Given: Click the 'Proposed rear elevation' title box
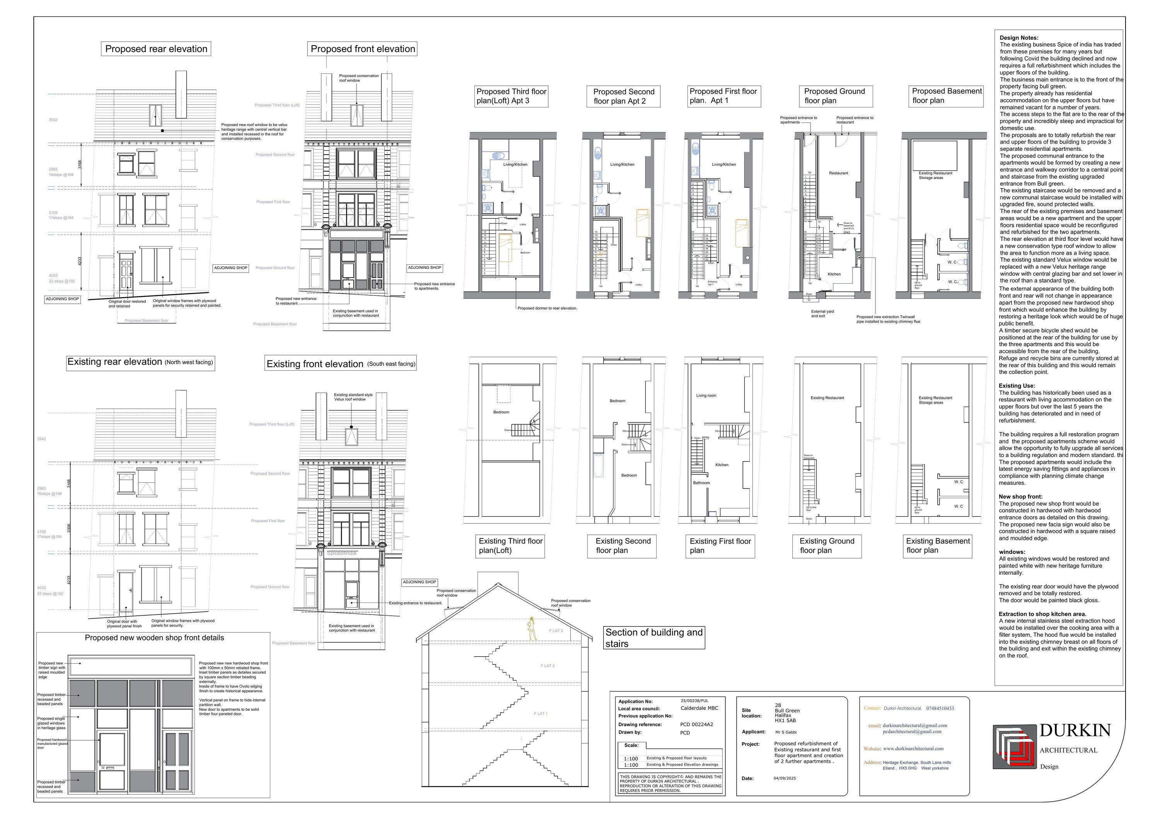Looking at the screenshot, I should coord(156,49).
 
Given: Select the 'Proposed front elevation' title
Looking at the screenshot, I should coord(363,49).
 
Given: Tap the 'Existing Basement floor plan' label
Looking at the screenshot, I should coord(938,546).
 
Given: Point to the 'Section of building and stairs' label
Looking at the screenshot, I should coord(654,638).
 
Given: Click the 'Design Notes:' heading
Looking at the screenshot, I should coord(1019,38).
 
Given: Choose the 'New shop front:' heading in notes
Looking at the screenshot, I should coord(1020,497).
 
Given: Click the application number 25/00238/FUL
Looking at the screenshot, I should coord(695,701).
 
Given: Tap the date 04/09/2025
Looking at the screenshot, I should coord(784,778).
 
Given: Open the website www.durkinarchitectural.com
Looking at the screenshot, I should coord(913,748).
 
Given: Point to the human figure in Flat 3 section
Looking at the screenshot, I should coord(532,628).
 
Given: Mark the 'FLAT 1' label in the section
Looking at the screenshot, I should coord(541,713).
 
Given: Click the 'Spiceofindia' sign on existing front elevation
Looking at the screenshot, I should coord(341,553).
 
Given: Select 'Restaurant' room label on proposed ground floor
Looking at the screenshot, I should coord(838,173).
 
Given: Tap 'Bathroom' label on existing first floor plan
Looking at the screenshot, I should coord(701,483).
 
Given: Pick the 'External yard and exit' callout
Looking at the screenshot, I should coord(822,313).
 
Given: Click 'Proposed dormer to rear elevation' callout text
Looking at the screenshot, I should coord(547,308).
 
